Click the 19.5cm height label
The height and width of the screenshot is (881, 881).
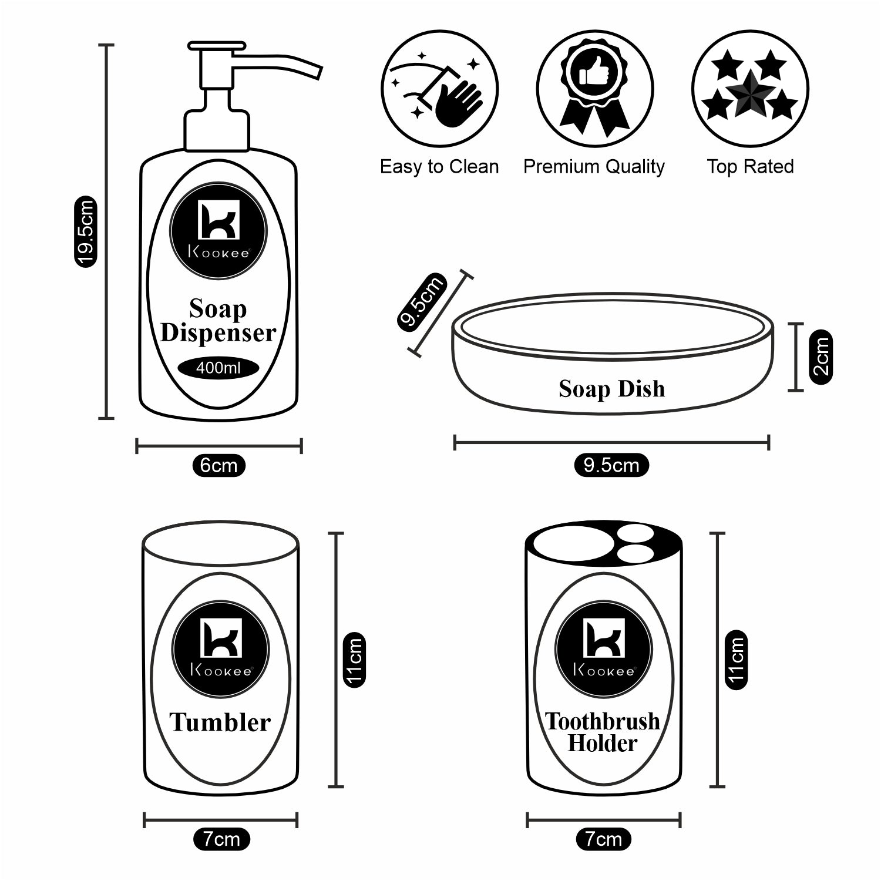click(86, 233)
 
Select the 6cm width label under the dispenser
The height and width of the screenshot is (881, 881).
click(218, 465)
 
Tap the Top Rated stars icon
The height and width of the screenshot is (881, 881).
click(750, 90)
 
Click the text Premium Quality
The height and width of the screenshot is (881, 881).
click(594, 167)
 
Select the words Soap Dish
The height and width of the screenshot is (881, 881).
click(611, 389)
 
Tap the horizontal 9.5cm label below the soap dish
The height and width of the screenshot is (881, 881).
click(611, 465)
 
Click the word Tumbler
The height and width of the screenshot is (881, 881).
click(220, 722)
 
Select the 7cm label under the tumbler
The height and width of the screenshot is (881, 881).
click(221, 839)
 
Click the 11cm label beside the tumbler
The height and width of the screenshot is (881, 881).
click(355, 659)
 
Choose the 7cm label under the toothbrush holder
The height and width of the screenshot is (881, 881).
click(603, 839)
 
